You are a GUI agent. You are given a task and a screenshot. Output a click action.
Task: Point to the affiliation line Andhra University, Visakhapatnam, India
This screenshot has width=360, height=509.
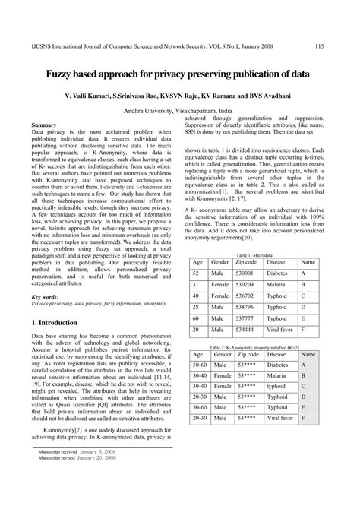click(179, 109)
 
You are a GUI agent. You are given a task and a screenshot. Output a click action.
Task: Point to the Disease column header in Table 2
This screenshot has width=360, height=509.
click(277, 334)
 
